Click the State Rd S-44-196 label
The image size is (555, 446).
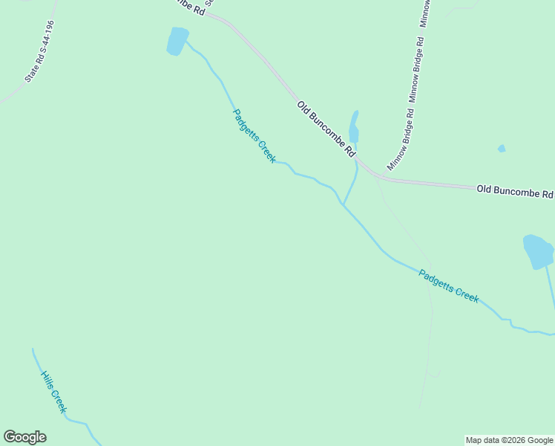(x=39, y=51)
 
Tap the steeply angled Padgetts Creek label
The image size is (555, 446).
(x=254, y=136)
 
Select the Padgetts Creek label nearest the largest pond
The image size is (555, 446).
(x=449, y=285)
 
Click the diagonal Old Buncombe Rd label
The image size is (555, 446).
(x=326, y=129)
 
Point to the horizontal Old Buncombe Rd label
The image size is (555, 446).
(x=514, y=191)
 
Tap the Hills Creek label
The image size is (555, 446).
(x=53, y=392)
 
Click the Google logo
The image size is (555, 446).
(x=24, y=437)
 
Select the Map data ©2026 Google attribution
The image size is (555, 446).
(x=509, y=440)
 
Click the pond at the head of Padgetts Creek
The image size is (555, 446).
(x=177, y=41)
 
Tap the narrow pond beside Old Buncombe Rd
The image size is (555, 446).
(x=354, y=128)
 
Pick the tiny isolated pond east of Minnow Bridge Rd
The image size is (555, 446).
(x=502, y=149)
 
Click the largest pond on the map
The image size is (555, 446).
(x=538, y=251)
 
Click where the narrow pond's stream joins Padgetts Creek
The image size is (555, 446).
(x=343, y=205)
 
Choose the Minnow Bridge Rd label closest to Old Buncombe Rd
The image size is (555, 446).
(x=401, y=139)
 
